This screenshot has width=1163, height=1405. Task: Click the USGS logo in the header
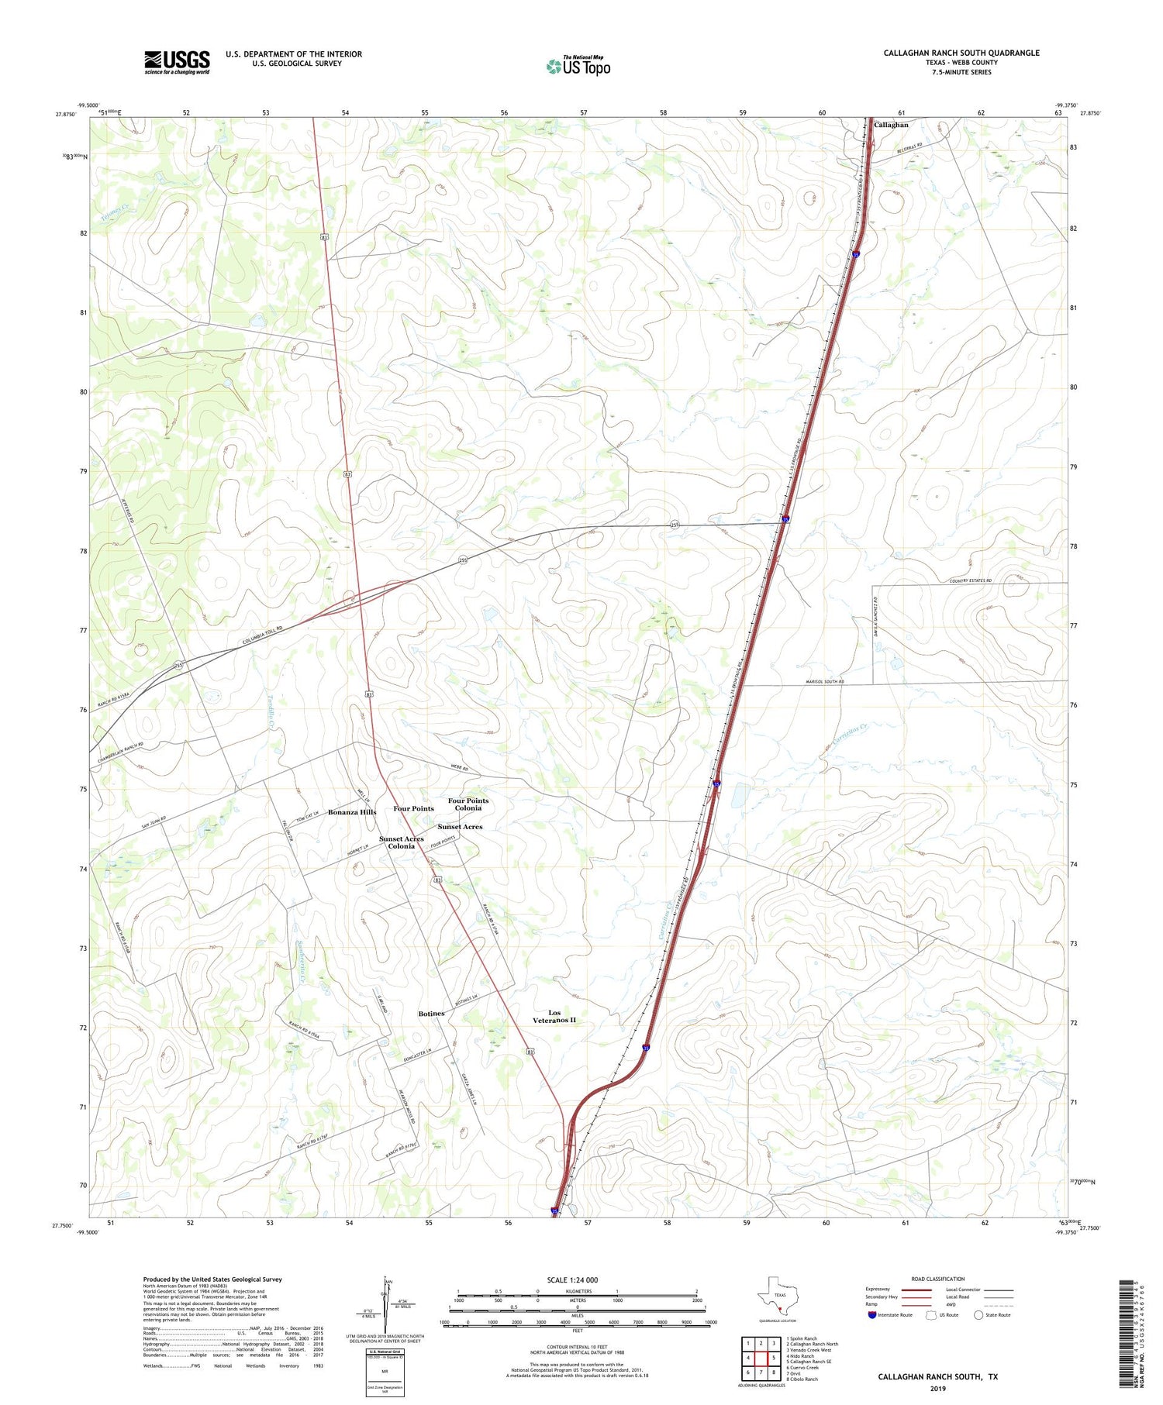click(177, 62)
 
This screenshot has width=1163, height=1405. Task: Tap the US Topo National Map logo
click(578, 67)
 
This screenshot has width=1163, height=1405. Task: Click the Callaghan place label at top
click(891, 125)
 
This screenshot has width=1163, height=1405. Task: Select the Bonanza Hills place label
click(352, 812)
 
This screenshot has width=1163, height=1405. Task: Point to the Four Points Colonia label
click(468, 804)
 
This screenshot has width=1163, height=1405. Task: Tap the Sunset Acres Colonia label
click(402, 842)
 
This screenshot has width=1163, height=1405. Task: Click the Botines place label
click(432, 1014)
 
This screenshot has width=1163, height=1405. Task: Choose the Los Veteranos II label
click(554, 1017)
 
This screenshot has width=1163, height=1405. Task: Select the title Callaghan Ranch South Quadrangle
click(961, 53)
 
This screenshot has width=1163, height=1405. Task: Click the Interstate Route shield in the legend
click(872, 1315)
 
